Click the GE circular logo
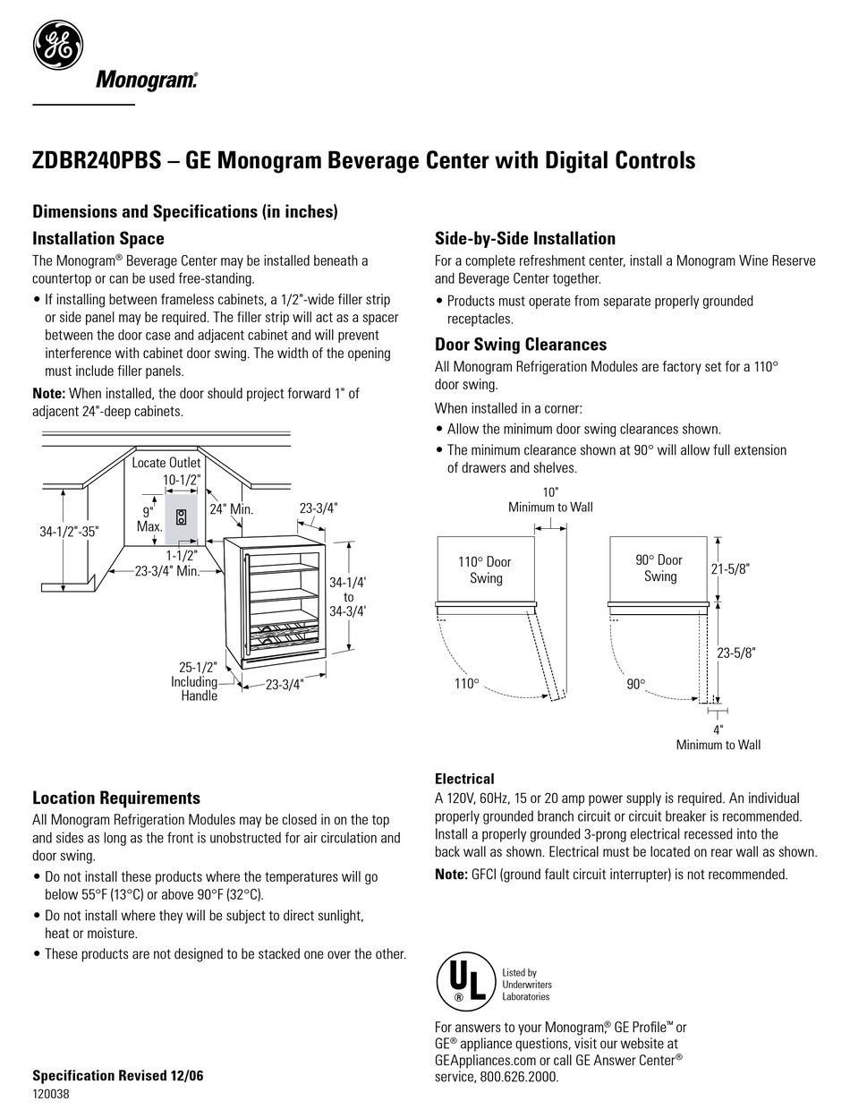[x=58, y=44]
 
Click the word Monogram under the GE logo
[x=147, y=81]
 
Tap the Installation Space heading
[x=98, y=239]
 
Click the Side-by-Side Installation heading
[x=525, y=239]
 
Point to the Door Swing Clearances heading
[x=521, y=345]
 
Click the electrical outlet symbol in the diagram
[x=181, y=517]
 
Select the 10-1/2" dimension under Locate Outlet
[x=180, y=480]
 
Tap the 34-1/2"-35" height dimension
[x=70, y=531]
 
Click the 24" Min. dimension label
[x=231, y=509]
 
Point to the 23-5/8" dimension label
[x=736, y=653]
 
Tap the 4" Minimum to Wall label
[x=718, y=737]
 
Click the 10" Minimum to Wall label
[x=550, y=499]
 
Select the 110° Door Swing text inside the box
[x=486, y=569]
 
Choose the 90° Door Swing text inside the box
[x=659, y=568]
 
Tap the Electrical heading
[x=464, y=779]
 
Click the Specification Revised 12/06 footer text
[x=118, y=1076]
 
